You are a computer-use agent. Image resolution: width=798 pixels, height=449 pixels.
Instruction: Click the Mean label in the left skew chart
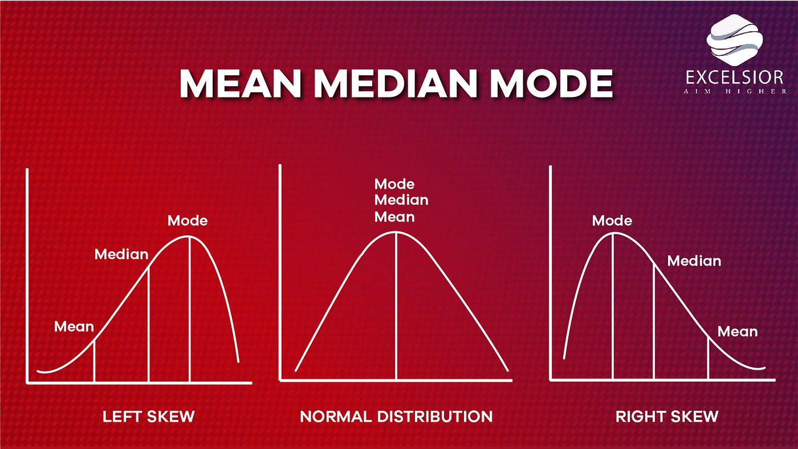[74, 326]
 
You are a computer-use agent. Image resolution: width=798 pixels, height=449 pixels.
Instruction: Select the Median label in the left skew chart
[121, 254]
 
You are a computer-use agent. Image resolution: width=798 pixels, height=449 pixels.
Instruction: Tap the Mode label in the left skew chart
[188, 221]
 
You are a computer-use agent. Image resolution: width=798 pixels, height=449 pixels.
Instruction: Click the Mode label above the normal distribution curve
[394, 184]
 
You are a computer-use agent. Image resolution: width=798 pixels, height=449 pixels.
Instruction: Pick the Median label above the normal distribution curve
[401, 200]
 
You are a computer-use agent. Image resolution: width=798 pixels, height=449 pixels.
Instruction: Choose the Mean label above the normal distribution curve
[394, 217]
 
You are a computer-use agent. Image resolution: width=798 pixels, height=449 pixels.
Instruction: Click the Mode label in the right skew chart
[612, 221]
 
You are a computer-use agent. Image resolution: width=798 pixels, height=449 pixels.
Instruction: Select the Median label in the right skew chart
[694, 261]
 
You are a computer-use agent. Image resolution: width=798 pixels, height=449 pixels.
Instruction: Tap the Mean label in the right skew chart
[738, 331]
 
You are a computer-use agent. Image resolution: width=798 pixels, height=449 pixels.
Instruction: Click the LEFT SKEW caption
[148, 417]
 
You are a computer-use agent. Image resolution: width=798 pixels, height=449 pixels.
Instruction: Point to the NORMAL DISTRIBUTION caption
[396, 417]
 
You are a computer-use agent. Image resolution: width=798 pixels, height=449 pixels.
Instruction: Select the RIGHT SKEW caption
[667, 417]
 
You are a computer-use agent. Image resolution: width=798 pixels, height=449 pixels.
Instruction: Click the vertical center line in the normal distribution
[396, 308]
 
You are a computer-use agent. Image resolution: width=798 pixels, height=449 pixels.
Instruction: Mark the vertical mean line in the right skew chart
[708, 359]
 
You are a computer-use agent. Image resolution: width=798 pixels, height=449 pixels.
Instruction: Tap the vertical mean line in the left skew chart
[94, 361]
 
